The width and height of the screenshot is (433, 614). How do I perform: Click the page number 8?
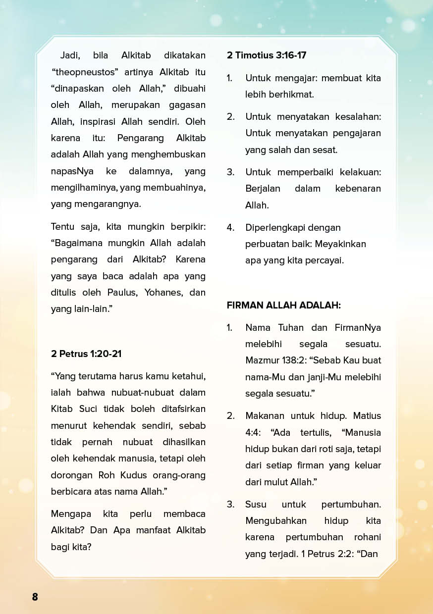pos(35,597)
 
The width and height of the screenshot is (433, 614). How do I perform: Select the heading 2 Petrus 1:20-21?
pos(86,354)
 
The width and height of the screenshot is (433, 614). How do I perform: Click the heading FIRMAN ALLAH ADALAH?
pos(284,305)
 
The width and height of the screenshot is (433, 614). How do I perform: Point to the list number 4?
pos(230,227)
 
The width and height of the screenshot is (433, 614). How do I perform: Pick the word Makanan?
pos(265,415)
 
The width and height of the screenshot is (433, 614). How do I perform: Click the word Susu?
pos(256,504)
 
